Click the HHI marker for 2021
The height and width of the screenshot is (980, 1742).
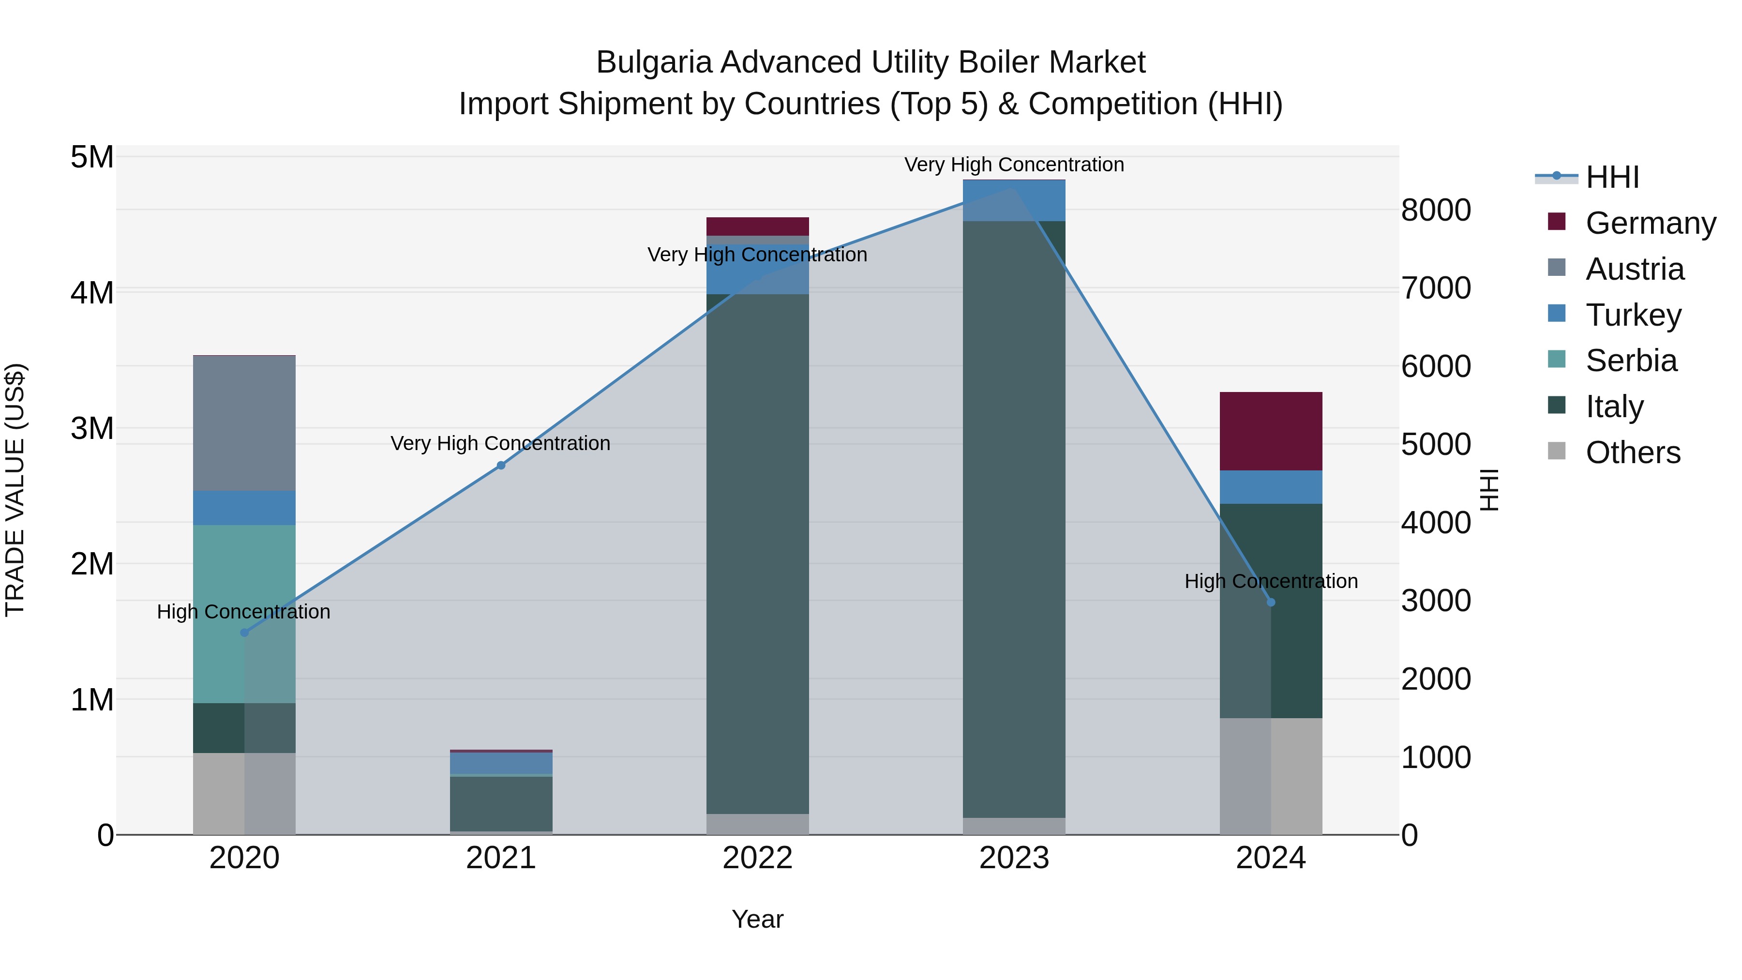point(501,465)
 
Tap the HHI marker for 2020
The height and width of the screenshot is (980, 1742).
point(245,633)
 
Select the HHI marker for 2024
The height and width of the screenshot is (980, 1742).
point(1271,602)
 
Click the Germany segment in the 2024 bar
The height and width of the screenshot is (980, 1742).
point(1271,431)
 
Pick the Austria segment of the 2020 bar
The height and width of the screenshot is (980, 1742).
point(244,422)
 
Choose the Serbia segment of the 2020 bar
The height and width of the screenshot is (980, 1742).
point(244,614)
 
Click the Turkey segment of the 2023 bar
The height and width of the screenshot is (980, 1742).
point(1014,201)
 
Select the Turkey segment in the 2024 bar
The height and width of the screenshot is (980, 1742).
point(1271,487)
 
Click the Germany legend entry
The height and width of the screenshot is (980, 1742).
point(1650,223)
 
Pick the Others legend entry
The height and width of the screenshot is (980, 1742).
point(1633,452)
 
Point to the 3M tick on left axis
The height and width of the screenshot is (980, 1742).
point(92,428)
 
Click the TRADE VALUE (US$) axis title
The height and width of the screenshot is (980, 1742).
point(15,490)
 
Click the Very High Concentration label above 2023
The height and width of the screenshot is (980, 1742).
point(1014,165)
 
